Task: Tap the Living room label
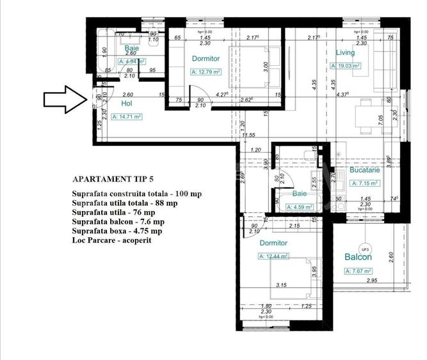(345, 52)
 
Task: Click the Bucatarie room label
(365, 171)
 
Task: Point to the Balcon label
(358, 258)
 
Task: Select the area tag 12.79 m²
(207, 72)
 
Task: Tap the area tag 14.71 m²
(126, 117)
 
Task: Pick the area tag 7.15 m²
(365, 182)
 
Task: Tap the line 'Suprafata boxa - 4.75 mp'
(117, 230)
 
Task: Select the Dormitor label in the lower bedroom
(273, 243)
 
